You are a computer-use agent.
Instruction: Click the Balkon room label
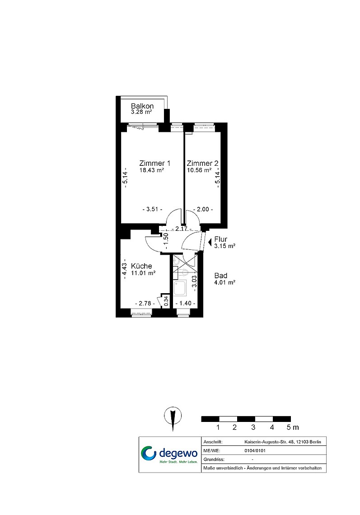142,106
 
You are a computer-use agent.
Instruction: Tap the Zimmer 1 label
155,163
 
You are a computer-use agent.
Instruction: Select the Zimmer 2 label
202,163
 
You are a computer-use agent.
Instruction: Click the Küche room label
141,266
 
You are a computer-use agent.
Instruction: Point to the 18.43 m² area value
152,170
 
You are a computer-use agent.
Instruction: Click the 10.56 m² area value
199,170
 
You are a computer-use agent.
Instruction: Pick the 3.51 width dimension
153,209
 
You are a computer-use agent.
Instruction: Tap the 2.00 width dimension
203,209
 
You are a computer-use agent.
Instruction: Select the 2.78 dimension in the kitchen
145,304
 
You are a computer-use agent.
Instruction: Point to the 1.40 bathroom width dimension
186,304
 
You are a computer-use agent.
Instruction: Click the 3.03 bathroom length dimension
194,281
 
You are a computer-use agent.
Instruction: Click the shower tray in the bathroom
180,289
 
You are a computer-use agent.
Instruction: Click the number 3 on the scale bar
253,427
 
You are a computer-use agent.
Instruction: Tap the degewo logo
169,454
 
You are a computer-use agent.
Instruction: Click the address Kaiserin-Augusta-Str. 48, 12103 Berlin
283,442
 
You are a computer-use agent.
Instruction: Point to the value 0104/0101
255,451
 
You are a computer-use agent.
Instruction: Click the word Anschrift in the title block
213,442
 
